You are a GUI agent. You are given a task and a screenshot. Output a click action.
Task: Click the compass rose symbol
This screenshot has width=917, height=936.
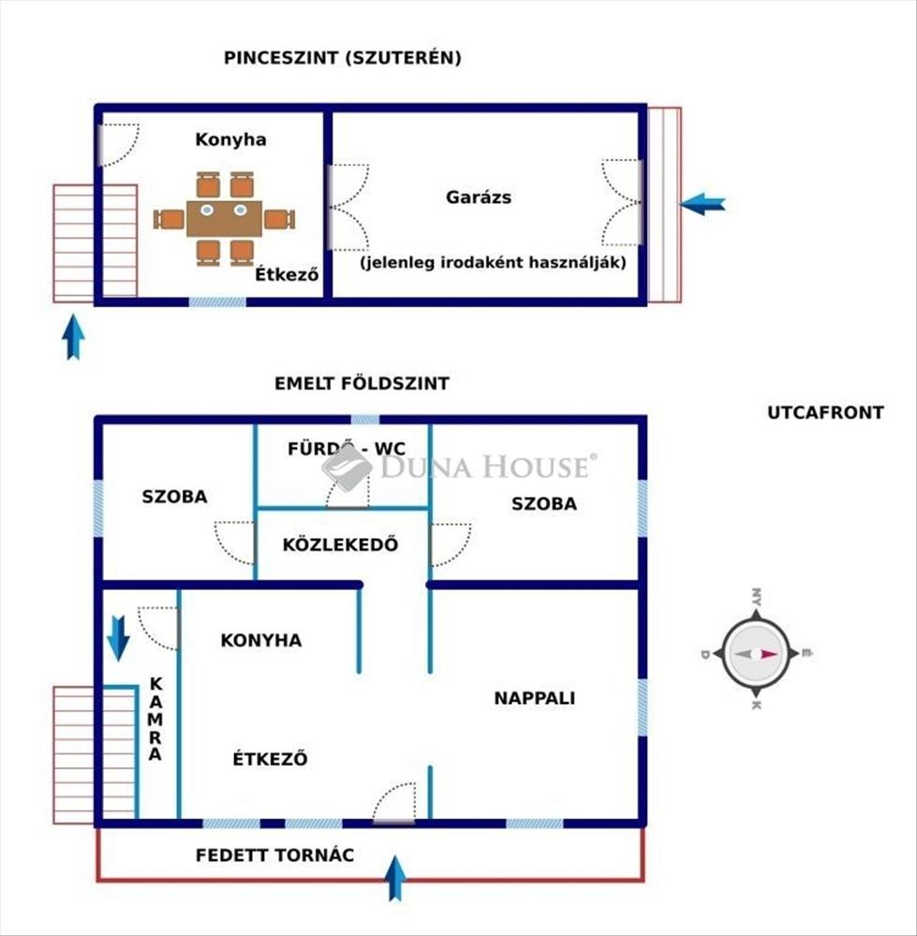coord(755,653)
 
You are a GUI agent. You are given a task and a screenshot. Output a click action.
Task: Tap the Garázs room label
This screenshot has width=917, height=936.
coord(479,197)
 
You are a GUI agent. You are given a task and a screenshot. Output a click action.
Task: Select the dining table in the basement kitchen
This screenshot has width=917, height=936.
coord(225,219)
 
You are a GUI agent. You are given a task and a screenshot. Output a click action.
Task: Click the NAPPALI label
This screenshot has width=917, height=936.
coord(535,697)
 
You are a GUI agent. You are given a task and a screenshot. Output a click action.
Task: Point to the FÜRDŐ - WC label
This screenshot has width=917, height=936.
coord(347,448)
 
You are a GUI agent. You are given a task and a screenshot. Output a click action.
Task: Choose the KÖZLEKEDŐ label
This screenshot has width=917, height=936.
coord(341,544)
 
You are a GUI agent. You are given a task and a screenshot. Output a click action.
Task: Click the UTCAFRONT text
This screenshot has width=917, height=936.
coord(825,413)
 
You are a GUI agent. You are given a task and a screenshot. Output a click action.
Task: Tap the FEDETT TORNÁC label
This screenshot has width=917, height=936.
coord(274,856)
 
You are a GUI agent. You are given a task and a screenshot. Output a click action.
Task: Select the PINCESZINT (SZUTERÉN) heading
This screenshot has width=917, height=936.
coord(343,58)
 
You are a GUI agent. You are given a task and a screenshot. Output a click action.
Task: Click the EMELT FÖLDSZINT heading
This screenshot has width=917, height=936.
coord(362,384)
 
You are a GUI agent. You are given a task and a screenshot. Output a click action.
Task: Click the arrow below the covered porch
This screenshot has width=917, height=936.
coord(396,878)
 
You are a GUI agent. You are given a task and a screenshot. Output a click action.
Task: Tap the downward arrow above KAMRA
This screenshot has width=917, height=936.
coord(119,637)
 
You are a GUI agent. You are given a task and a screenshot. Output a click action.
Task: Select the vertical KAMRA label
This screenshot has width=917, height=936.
coord(156,718)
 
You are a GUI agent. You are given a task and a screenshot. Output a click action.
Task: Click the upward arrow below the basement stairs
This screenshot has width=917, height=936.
coord(73,337)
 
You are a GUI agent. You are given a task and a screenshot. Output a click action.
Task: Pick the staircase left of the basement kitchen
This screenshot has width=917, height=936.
coord(95,243)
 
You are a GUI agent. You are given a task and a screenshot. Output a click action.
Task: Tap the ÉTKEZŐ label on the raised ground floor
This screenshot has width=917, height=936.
coord(270,759)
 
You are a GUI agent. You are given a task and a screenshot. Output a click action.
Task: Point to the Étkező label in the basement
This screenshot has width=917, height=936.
coord(288,276)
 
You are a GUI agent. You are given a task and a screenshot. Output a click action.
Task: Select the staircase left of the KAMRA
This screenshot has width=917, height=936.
coord(95,754)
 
